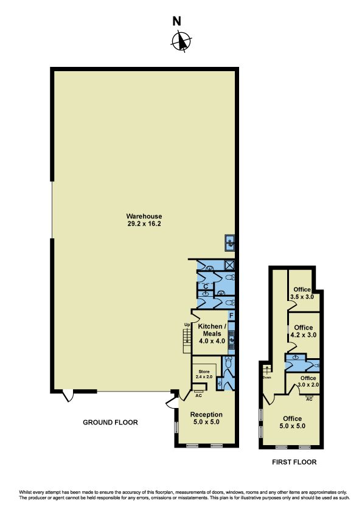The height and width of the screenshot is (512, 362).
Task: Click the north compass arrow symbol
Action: tap(181, 41)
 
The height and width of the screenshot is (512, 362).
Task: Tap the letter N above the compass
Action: tap(176, 21)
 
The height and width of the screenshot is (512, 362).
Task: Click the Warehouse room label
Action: tap(144, 216)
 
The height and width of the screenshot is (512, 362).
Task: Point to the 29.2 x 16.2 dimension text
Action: tap(144, 224)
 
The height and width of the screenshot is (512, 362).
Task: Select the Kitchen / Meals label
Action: tap(212, 330)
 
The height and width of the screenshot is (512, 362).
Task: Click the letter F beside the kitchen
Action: tap(231, 316)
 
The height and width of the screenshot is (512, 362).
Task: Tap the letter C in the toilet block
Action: tap(206, 286)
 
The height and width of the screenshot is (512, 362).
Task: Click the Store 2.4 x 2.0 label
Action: tap(204, 374)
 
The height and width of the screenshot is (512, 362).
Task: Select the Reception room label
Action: tap(206, 414)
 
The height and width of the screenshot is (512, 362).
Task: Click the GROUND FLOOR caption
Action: tap(110, 422)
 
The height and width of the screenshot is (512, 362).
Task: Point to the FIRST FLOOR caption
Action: tap(294, 462)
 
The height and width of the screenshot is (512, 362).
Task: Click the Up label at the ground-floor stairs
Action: tap(187, 325)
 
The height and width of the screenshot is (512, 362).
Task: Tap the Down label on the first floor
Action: tap(267, 378)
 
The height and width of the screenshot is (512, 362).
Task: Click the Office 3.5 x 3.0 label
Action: tap(302, 293)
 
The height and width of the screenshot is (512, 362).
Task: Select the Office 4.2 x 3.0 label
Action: tap(304, 331)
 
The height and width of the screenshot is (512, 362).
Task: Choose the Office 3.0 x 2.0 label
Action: tap(308, 381)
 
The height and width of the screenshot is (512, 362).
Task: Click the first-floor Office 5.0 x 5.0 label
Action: tap(293, 422)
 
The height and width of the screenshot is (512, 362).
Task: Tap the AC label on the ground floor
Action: tap(198, 396)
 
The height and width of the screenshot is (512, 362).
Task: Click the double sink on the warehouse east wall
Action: tap(230, 243)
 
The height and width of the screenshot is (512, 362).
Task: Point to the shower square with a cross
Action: tap(230, 265)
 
